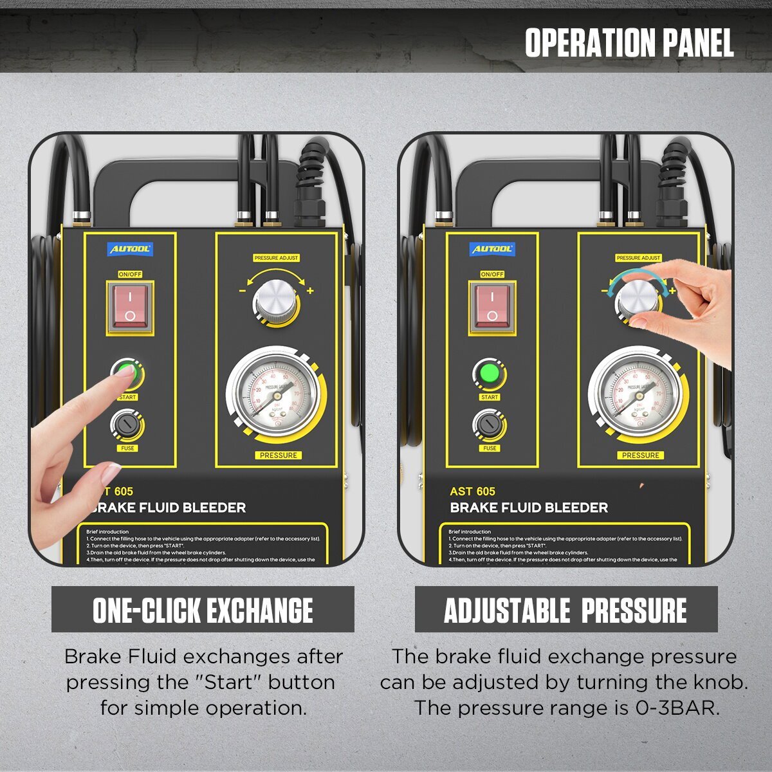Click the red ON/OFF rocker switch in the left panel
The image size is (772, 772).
[130, 306]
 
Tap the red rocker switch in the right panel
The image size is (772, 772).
[492, 306]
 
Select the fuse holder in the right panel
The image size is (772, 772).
[488, 425]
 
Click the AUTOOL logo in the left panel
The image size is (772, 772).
[130, 249]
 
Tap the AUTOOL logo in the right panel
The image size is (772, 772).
[492, 249]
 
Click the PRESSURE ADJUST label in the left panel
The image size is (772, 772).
[276, 258]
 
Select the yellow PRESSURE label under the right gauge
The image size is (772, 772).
[640, 455]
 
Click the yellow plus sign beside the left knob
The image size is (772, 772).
[310, 291]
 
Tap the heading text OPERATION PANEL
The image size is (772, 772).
[629, 43]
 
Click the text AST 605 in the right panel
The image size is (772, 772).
[472, 492]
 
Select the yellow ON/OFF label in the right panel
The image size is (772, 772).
[492, 274]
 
